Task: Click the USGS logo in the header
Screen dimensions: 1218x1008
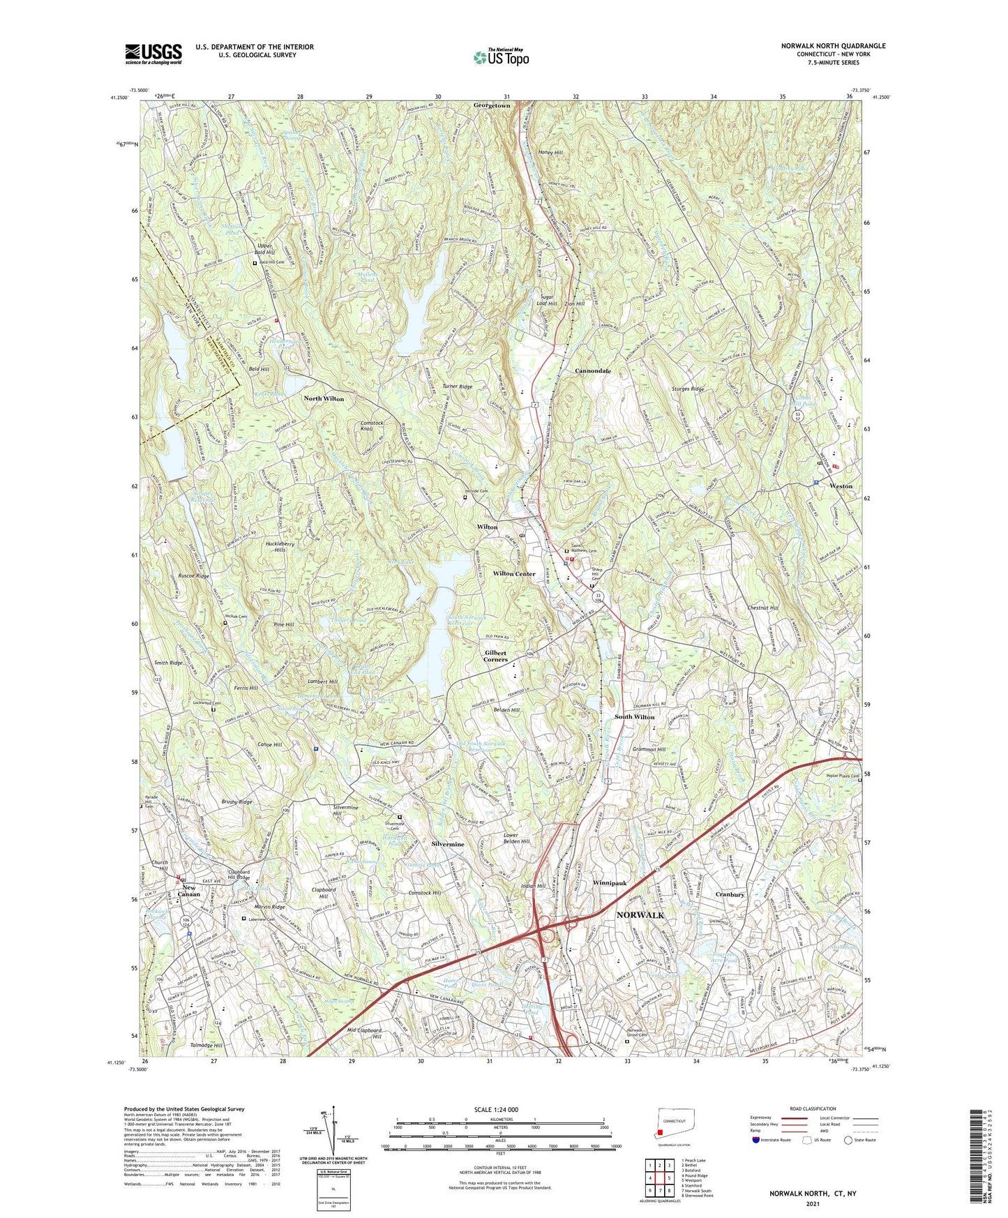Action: pos(153,54)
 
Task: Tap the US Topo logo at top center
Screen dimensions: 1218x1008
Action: pos(502,57)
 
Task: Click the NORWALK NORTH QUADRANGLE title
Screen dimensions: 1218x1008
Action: pos(833,46)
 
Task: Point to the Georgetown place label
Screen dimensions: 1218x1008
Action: pos(492,105)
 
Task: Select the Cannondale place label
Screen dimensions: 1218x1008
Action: pos(593,371)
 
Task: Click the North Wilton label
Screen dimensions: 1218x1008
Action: pos(324,398)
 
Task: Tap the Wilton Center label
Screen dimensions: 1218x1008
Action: pos(514,574)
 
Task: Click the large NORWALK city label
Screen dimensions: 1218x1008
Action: pos(640,915)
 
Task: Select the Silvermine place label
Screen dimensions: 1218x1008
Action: pos(448,844)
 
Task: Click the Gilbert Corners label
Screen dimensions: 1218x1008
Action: pos(496,656)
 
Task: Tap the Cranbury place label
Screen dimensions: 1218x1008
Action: pos(730,894)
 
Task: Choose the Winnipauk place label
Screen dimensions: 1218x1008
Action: pos(610,883)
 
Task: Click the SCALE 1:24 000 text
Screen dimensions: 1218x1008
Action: pos(496,1110)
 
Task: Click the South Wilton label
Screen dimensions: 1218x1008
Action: pos(634,717)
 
